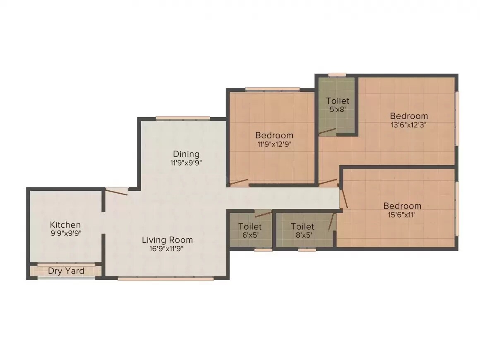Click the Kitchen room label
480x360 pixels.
65,225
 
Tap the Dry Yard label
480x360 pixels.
66,271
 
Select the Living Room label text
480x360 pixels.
167,240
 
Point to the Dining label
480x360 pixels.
186,154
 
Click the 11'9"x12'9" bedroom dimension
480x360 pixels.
274,144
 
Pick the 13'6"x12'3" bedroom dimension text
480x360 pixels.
409,125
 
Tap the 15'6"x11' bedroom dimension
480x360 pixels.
402,215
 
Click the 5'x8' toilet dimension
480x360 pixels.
338,110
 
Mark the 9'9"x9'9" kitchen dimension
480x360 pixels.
65,233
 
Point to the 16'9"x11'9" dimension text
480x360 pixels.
167,249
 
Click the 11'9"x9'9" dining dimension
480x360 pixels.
186,163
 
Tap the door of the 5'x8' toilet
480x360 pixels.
327,132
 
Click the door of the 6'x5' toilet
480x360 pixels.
264,214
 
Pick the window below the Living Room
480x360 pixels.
166,278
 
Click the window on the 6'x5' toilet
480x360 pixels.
263,250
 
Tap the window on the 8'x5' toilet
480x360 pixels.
307,250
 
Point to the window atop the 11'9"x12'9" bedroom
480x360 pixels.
272,89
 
